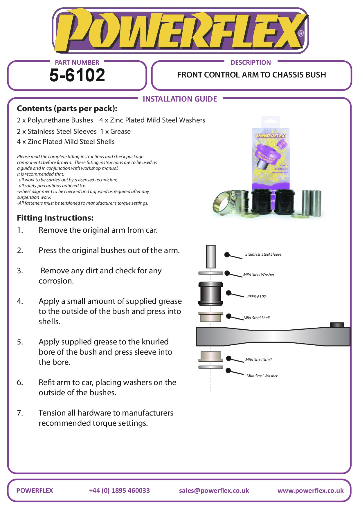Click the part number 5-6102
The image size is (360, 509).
(x=77, y=75)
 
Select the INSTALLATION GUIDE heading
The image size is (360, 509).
(x=180, y=99)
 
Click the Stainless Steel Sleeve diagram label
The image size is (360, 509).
(x=263, y=255)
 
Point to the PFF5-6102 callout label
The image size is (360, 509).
(x=256, y=297)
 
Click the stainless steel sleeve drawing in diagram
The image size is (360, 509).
(x=211, y=257)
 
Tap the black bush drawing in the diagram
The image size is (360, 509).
(x=211, y=294)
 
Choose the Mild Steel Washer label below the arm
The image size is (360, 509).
(x=262, y=376)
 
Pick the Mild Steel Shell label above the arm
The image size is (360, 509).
(x=257, y=318)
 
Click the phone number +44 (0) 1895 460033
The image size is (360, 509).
(x=119, y=491)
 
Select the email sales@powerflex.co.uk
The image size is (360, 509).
(x=214, y=491)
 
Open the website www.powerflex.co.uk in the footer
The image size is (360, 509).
(x=310, y=491)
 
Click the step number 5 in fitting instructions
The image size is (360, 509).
(x=20, y=342)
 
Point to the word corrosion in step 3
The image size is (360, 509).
(x=56, y=281)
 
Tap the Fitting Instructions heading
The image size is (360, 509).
(x=55, y=218)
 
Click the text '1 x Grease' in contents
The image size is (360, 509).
(x=116, y=132)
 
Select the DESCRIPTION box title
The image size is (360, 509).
(x=251, y=63)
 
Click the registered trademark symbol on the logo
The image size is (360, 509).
(x=301, y=34)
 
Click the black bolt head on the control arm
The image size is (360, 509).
(x=337, y=325)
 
